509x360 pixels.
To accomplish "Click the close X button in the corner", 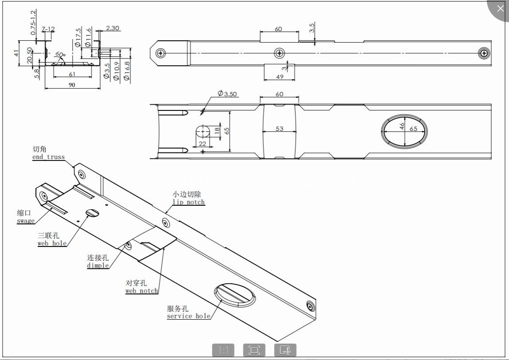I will point(500,9).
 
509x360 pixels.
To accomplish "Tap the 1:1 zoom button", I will point(223,350).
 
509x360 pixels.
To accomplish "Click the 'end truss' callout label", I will point(48,157).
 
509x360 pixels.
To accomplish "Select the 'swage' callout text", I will point(26,221).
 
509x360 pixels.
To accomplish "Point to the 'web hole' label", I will point(52,243).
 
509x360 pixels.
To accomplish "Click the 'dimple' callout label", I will point(98,265).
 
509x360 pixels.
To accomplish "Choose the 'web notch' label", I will point(141,291).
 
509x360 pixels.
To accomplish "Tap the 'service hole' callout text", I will point(188,316).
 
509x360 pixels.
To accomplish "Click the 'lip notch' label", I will point(188,202).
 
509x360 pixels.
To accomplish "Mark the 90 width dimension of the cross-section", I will point(72,85).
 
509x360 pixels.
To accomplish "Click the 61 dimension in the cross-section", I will point(72,74).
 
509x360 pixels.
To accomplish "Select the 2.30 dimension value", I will point(113,28).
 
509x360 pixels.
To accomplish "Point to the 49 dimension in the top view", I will point(279,77).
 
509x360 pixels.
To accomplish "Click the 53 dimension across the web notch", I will point(279,129).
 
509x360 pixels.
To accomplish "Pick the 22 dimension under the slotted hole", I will point(203,143).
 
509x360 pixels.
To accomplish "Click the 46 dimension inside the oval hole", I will point(402,126).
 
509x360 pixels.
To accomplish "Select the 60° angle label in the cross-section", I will point(60,54).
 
